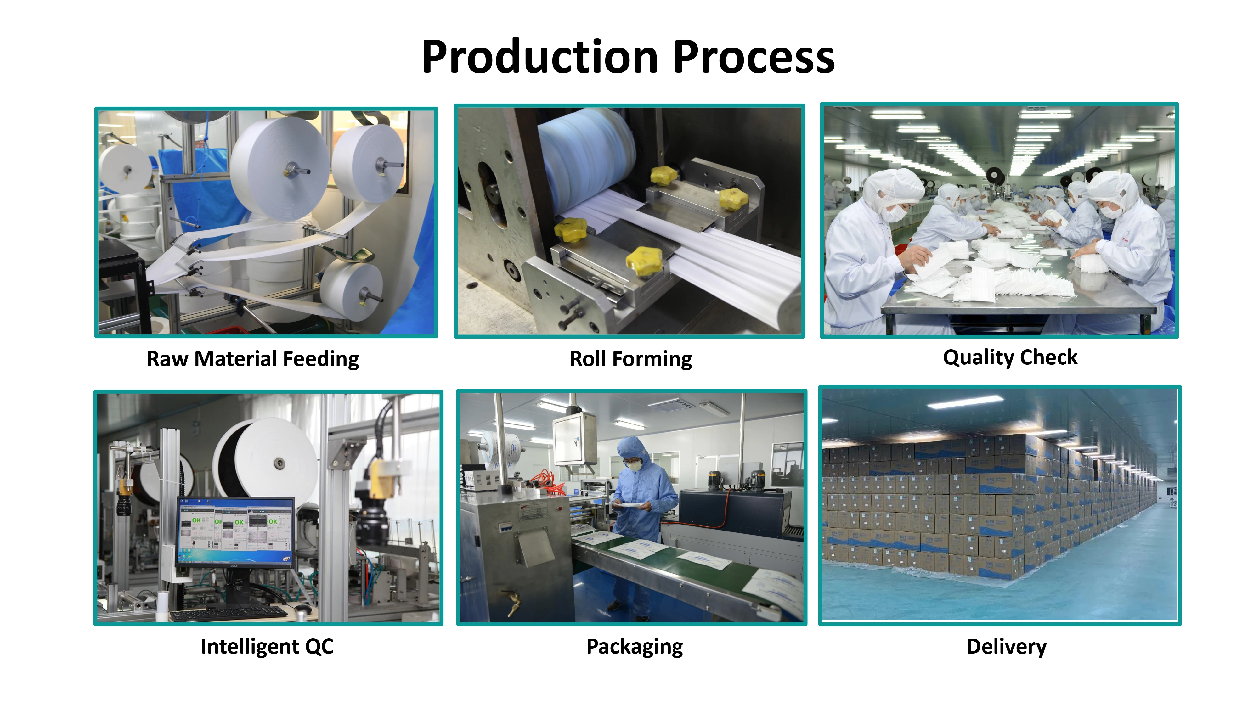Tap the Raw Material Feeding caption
pyautogui.click(x=253, y=359)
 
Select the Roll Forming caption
pyautogui.click(x=630, y=359)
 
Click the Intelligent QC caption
pyautogui.click(x=267, y=646)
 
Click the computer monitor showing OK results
pyautogui.click(x=235, y=533)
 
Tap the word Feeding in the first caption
pyautogui.click(x=321, y=359)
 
